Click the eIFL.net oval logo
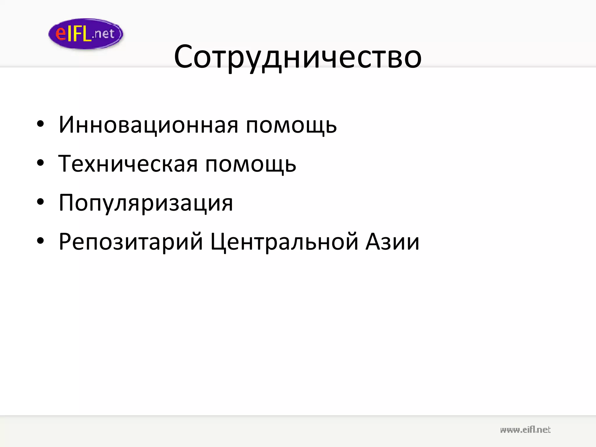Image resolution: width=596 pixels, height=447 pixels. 86,34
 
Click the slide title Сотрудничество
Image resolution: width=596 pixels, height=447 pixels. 297,56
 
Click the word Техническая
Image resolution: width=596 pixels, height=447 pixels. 128,164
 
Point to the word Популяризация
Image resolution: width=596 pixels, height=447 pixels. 146,203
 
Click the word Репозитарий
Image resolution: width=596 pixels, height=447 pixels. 131,242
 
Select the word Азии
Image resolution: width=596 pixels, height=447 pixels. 392,242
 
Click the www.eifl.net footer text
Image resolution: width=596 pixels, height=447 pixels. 525,430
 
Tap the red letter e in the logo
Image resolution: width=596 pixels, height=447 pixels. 61,33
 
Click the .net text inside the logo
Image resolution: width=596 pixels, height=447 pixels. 103,34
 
